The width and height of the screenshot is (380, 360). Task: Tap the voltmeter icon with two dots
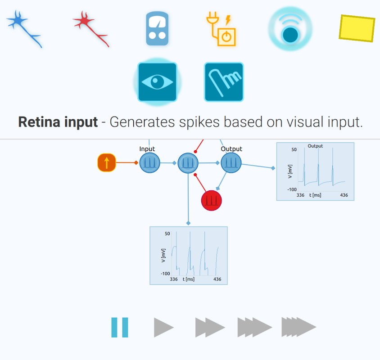click(x=157, y=29)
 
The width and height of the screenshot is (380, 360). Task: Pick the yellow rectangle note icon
click(x=357, y=28)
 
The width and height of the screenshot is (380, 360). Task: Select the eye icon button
click(x=157, y=82)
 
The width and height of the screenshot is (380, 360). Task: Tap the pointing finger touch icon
click(x=224, y=82)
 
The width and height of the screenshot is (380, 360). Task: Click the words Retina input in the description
click(x=58, y=122)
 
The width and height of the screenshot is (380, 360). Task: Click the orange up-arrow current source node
click(x=107, y=162)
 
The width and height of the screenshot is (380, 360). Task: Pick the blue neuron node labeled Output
click(x=231, y=162)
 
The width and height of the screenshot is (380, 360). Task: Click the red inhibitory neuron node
click(x=211, y=200)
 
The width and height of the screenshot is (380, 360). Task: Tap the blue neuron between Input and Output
click(x=188, y=163)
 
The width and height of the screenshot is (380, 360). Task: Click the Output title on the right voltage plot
click(x=315, y=146)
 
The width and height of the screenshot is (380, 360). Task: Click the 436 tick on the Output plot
click(x=344, y=195)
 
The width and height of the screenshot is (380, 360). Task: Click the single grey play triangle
click(x=163, y=328)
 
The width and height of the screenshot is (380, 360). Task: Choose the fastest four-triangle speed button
click(x=298, y=328)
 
